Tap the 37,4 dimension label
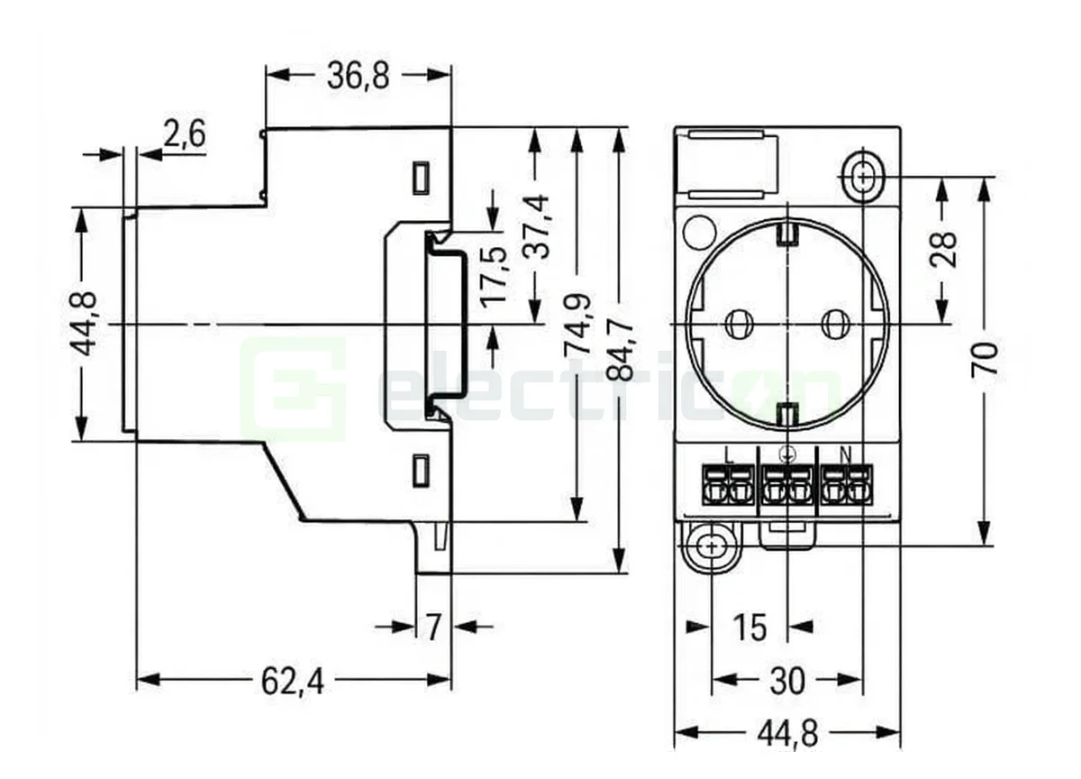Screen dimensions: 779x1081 (538, 225)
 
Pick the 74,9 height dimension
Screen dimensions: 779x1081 (578, 323)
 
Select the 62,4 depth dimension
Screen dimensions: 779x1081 (292, 682)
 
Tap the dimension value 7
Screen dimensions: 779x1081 (433, 627)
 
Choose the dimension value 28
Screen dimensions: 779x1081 (943, 250)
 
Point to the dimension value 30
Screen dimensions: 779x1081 (786, 682)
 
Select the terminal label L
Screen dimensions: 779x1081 (728, 456)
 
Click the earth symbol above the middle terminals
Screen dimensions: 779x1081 (786, 456)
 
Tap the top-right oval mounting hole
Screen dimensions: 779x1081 (863, 176)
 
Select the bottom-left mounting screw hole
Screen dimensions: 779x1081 (712, 546)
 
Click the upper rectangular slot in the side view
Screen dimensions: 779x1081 (420, 178)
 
